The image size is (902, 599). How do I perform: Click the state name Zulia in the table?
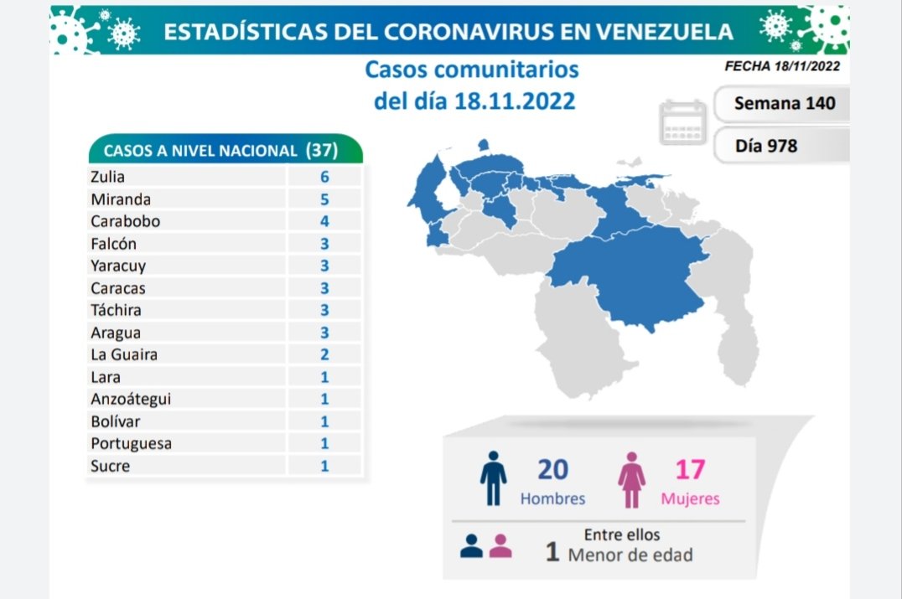pos(106,177)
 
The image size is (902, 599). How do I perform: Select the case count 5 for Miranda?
pos(324,199)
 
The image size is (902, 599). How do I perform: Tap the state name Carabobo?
pos(124,222)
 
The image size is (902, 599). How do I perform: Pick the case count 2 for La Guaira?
pos(324,354)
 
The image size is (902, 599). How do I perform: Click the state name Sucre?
pos(109,465)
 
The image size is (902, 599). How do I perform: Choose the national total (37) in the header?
pos(322,151)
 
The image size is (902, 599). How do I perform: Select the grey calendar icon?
pos(683,122)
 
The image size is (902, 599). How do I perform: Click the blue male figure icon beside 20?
pos(493,478)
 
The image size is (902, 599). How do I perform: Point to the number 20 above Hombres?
pos(553,469)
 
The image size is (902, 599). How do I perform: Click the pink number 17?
pos(690,469)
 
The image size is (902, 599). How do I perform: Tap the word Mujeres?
pos(690,498)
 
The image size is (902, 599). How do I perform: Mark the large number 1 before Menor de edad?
pos(552,553)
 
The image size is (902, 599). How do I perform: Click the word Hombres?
pos(552,498)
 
